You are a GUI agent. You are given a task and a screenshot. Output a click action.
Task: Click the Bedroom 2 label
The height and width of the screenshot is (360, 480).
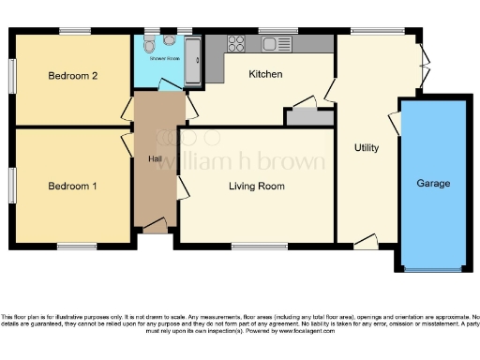71,75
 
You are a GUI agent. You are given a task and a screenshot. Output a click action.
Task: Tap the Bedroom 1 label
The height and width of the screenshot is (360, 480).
72,186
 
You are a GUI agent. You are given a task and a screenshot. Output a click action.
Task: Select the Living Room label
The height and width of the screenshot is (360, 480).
257,187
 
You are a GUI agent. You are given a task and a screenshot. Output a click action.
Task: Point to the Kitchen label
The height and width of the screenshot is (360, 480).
266,73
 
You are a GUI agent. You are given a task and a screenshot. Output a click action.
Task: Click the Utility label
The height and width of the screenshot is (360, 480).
367,148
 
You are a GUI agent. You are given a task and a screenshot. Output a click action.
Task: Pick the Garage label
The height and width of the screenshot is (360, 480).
433,183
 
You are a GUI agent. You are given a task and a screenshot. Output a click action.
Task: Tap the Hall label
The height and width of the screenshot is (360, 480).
155,158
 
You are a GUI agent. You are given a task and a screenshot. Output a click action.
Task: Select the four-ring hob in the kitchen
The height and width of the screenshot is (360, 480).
236,43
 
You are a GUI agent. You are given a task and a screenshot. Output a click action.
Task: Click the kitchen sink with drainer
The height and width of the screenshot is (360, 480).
277,43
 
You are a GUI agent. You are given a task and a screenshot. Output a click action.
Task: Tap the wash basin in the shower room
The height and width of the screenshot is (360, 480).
169,41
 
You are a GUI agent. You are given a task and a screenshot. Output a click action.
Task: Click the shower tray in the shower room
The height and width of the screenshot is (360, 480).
193,61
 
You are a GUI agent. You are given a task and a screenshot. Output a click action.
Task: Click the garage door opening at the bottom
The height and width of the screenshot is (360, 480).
432,270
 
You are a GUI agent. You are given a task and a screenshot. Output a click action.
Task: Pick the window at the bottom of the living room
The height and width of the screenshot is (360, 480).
259,247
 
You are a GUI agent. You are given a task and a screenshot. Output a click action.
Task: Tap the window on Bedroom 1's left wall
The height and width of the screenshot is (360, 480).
12,186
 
